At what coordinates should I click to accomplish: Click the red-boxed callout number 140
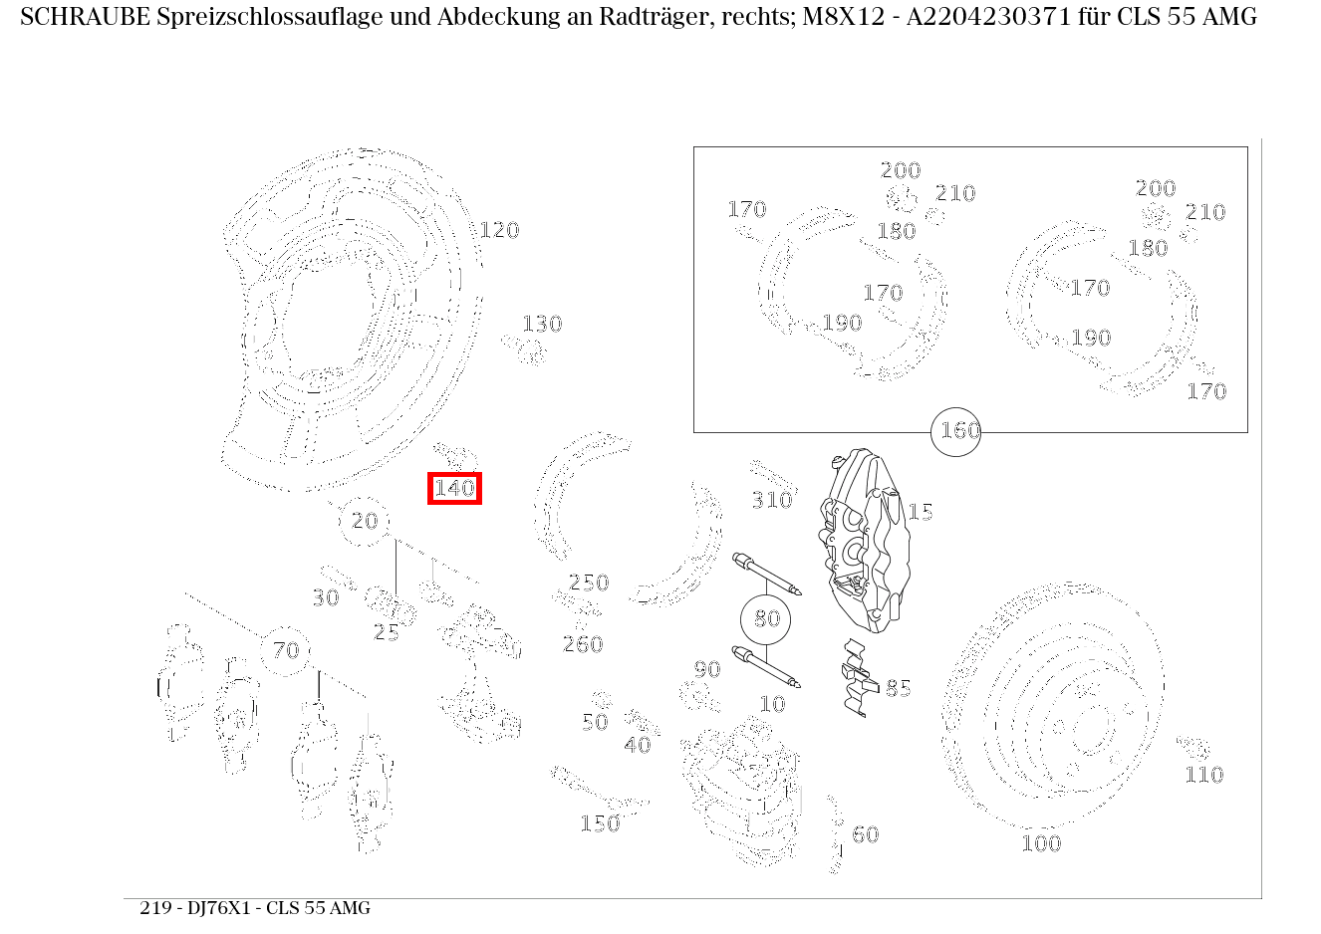tap(454, 489)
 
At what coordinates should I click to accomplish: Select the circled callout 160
tap(955, 431)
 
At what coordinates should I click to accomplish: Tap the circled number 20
tap(365, 521)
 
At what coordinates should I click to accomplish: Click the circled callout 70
tap(286, 650)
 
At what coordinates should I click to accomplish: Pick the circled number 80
tap(766, 619)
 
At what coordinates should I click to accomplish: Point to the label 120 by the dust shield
tap(499, 231)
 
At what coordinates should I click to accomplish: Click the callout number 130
tap(542, 325)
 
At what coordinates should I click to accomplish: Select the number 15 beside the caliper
tap(921, 512)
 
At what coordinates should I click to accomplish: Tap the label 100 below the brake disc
tap(1041, 843)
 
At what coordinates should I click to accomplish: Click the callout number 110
tap(1203, 775)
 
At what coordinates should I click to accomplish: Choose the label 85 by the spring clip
tap(898, 688)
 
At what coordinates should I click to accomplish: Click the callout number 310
tap(771, 500)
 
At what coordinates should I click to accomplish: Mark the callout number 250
tap(589, 583)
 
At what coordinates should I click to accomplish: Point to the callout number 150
tap(600, 823)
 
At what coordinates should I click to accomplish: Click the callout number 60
tap(866, 834)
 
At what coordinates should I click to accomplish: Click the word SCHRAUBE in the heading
tap(85, 17)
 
